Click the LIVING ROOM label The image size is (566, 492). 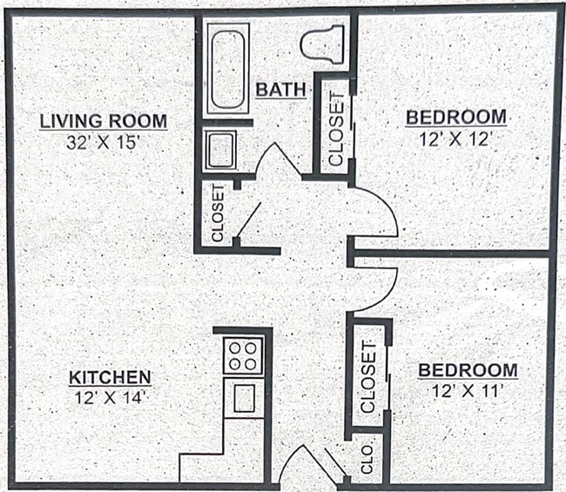click(x=104, y=120)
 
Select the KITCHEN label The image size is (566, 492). click(x=111, y=377)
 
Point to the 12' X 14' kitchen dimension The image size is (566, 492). click(x=111, y=397)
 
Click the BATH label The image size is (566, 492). click(x=280, y=89)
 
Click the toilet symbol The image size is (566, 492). click(x=323, y=44)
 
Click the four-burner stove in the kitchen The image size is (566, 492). click(x=243, y=354)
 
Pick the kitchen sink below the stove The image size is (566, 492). click(x=244, y=397)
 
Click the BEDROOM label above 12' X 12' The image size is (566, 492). click(x=456, y=117)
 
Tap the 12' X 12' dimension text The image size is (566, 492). click(x=456, y=138)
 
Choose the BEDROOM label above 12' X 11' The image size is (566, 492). click(x=468, y=370)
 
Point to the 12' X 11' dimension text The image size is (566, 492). click(x=468, y=391)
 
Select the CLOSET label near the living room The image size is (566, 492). click(x=218, y=213)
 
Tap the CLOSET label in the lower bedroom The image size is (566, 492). click(x=368, y=376)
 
